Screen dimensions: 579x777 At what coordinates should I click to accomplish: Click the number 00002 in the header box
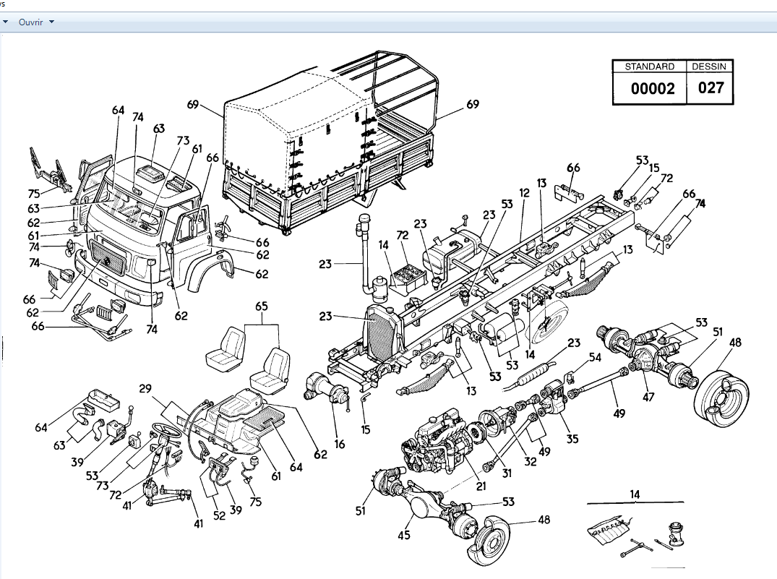(653, 88)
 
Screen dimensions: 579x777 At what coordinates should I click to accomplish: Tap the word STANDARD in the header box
(649, 67)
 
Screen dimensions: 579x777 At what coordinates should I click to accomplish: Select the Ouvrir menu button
(31, 22)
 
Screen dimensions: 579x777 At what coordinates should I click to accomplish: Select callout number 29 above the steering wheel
(146, 389)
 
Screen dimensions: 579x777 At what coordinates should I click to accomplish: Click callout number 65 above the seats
(262, 306)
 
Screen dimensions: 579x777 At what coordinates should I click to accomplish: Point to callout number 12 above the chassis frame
(524, 194)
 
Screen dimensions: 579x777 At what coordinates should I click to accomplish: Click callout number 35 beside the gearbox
(573, 438)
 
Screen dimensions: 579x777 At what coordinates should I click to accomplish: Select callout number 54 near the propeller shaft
(594, 357)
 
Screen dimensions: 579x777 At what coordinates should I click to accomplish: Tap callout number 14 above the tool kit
(635, 494)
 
